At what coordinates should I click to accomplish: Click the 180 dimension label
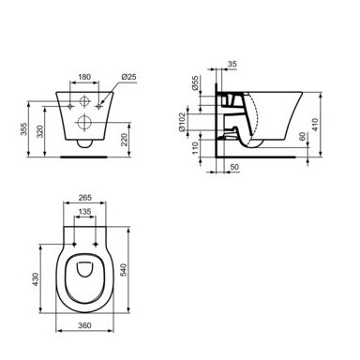click(84, 77)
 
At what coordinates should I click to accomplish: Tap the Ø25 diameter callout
click(129, 77)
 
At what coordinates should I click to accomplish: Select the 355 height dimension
click(23, 129)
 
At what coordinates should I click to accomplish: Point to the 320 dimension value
click(40, 131)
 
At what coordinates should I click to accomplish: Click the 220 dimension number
click(125, 140)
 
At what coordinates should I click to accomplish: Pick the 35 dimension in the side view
click(232, 64)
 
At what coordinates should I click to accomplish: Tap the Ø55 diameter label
click(195, 83)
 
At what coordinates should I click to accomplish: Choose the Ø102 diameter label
click(183, 122)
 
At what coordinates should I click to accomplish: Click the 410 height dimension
click(315, 125)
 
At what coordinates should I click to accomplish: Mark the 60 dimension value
click(302, 136)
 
